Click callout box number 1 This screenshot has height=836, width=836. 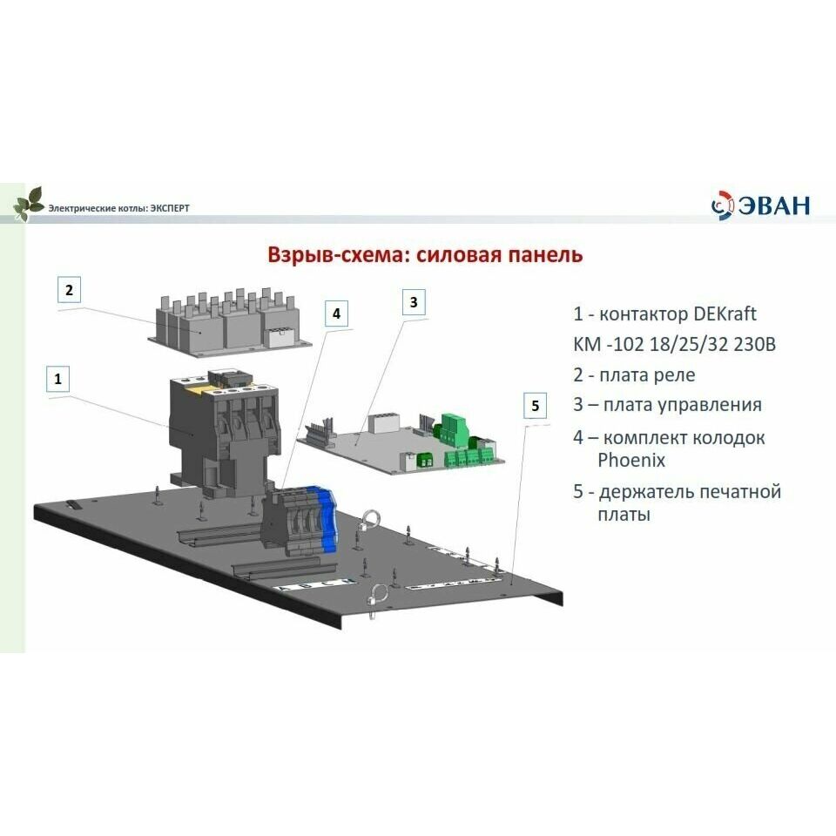click(57, 379)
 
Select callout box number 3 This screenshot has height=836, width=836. click(414, 302)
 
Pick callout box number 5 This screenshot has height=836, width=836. click(536, 405)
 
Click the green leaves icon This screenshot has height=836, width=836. click(28, 203)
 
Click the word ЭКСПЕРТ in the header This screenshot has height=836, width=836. click(170, 208)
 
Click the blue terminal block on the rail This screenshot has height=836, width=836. click(328, 522)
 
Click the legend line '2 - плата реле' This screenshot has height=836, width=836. click(634, 374)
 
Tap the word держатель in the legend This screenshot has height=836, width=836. click(646, 491)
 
